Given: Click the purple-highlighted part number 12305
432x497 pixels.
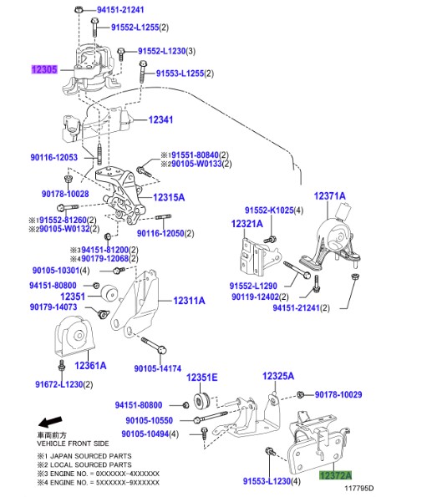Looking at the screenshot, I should pos(45,70).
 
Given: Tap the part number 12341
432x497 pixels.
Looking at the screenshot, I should pos(160,120).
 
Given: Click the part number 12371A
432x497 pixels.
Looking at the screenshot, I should pos(329,195).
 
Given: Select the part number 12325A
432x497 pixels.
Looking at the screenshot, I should pos(278,377).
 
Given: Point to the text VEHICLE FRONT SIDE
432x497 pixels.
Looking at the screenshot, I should pos(72,443).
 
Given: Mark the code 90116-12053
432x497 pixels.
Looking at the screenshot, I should pos(53,157).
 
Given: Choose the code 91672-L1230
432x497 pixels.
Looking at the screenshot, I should pos(63,384).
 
